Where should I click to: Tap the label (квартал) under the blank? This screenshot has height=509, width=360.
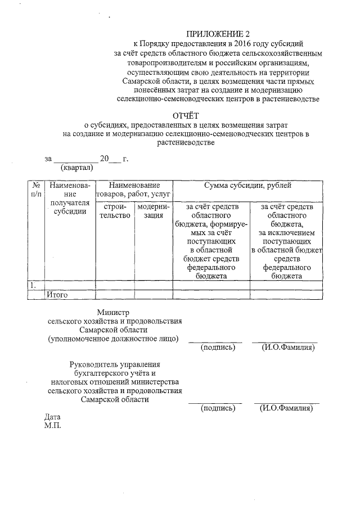coord(76,167)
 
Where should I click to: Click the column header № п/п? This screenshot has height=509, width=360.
coord(36,190)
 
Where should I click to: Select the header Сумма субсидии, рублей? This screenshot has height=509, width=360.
coord(247,186)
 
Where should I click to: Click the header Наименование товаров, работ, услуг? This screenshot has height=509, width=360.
coord(134,190)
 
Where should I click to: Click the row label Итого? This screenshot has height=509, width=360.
coord(57,294)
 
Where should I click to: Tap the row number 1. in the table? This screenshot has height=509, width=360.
coord(34,285)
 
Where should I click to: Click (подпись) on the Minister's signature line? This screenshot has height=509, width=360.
coord(218,348)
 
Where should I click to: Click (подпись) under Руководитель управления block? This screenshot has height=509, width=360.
coord(218,408)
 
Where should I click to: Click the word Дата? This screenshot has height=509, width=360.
coord(52,417)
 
